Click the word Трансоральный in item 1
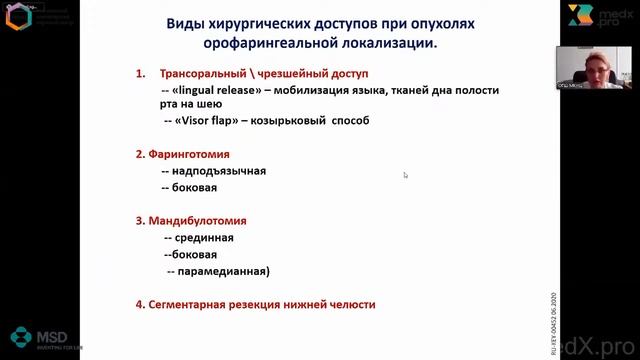click(x=206, y=73)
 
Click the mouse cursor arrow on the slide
click(x=405, y=175)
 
